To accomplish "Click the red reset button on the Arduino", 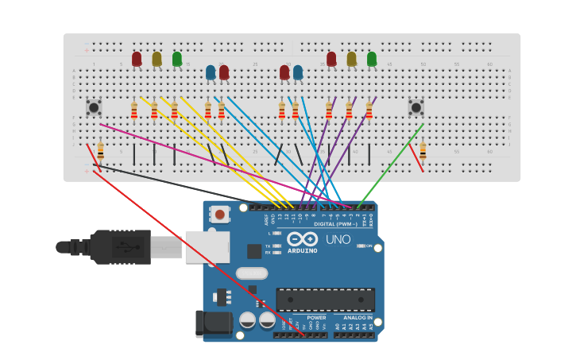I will pyautogui.click(x=220, y=215).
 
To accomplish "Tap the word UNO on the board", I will pyautogui.click(x=338, y=239).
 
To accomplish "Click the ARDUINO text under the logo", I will pyautogui.click(x=303, y=251).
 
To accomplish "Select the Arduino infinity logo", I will pyautogui.click(x=303, y=239).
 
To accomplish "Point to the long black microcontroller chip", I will pyautogui.click(x=325, y=300).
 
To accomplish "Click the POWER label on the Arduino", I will pyautogui.click(x=316, y=317).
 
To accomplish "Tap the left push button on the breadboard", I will pyautogui.click(x=94, y=106).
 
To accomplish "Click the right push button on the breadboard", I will pyautogui.click(x=416, y=106).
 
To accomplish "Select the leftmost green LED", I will pyautogui.click(x=176, y=59).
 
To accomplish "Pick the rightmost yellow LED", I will pyautogui.click(x=351, y=59).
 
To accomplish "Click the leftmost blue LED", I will pyautogui.click(x=211, y=72).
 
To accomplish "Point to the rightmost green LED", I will pyautogui.click(x=372, y=59).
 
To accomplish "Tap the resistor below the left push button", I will pyautogui.click(x=100, y=150).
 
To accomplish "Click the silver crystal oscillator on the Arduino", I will pyautogui.click(x=252, y=273).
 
